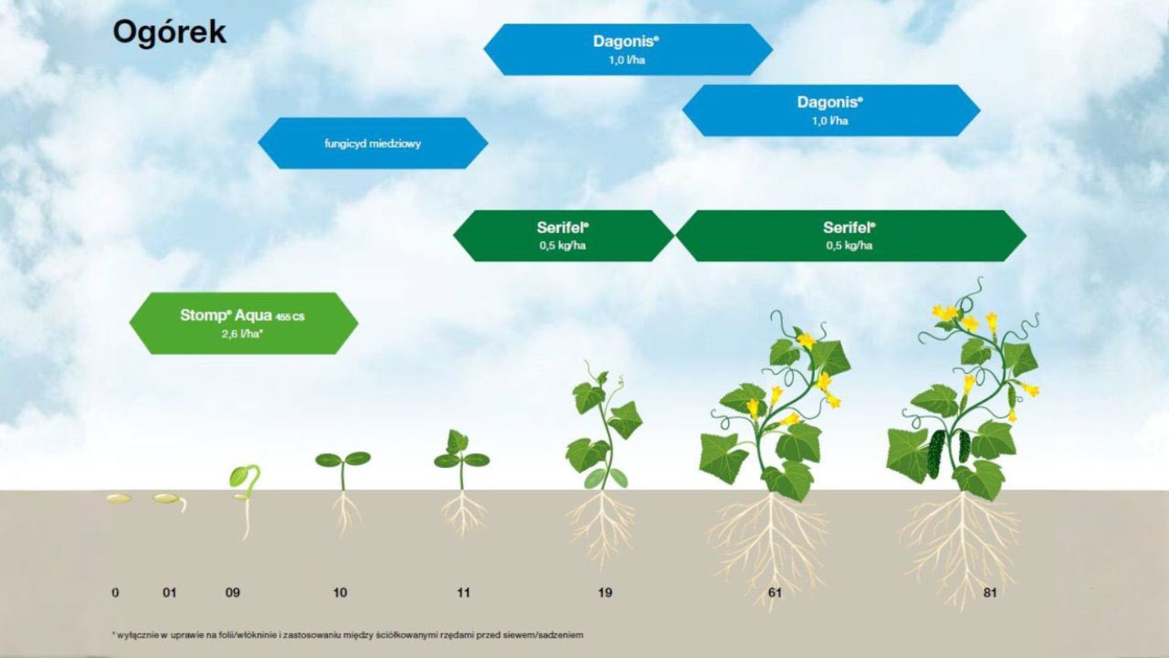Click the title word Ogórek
point(169,33)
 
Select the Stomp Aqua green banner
point(244,323)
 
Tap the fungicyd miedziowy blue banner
point(373,143)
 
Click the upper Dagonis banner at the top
point(628,49)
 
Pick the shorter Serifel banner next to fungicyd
point(563,236)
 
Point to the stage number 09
point(233,593)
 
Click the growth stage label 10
point(340,593)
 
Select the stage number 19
point(605,593)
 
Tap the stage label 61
point(775,593)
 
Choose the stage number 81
point(990,593)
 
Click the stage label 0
point(115,593)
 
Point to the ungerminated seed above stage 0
point(119,498)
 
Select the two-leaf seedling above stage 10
point(343,491)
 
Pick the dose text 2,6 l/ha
point(242,334)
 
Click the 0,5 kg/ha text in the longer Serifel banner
point(849,245)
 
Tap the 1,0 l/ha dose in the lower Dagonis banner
point(830,121)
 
